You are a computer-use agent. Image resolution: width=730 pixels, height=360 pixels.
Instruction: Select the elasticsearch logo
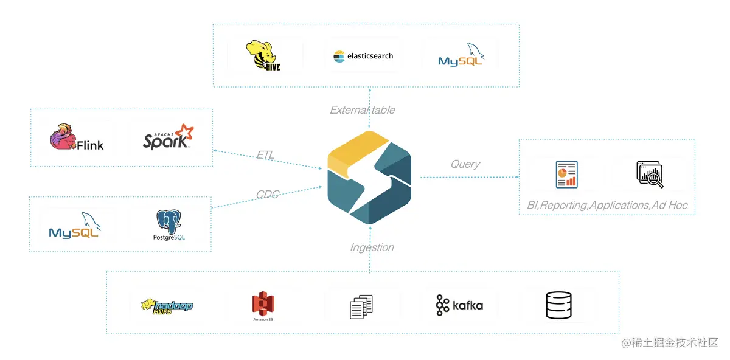(363, 56)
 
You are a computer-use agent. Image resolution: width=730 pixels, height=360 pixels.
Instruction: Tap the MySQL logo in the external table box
(461, 55)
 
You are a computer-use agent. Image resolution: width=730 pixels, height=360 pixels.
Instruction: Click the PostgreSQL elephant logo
(169, 225)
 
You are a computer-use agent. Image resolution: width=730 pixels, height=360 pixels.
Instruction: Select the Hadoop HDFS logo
(166, 305)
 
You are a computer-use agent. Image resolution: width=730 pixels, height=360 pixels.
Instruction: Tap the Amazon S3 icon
(263, 306)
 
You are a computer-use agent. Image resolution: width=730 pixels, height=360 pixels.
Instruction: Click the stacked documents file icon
(361, 306)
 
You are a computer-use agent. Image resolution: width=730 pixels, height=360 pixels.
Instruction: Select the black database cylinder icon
(558, 305)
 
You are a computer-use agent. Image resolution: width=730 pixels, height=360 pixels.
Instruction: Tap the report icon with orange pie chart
(566, 174)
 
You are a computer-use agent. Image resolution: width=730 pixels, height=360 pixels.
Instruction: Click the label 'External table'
(362, 110)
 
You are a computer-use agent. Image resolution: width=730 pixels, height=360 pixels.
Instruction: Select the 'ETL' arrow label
(265, 155)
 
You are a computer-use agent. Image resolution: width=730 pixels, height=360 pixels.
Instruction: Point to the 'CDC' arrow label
(267, 195)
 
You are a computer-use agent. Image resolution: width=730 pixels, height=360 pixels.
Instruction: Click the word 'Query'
(465, 164)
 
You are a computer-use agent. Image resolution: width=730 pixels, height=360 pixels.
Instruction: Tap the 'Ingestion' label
(372, 247)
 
